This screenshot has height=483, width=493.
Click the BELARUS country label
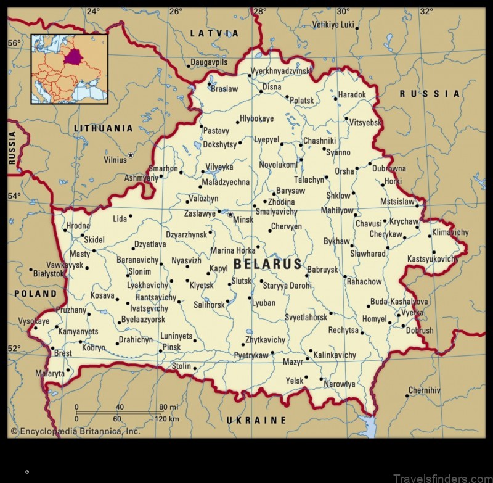click(x=269, y=265)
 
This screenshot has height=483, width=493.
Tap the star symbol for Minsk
click(x=230, y=215)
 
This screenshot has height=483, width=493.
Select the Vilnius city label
click(x=115, y=160)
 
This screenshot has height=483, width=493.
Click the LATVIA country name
click(x=214, y=33)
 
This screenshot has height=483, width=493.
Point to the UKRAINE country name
click(x=256, y=420)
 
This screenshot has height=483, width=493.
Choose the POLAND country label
click(x=35, y=294)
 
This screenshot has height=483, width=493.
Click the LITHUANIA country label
click(x=103, y=128)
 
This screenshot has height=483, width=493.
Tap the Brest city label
click(x=63, y=353)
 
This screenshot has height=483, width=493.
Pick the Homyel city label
click(x=374, y=319)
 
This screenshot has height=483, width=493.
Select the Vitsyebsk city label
click(x=365, y=123)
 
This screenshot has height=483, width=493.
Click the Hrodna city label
click(x=78, y=226)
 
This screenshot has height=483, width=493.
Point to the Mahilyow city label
click(x=337, y=210)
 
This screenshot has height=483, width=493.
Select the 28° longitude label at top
click(x=259, y=11)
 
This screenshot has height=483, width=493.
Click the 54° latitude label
click(x=14, y=196)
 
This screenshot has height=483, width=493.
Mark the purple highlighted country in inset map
click(x=74, y=56)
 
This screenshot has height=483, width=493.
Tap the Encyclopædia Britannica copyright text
click(x=75, y=431)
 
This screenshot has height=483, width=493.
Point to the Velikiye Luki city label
click(x=333, y=25)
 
